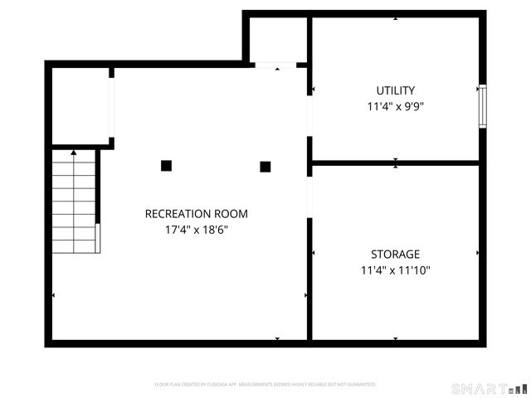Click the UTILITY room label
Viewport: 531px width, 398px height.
395,90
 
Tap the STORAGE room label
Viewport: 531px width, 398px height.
395,255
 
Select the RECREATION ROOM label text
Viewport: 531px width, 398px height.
196,214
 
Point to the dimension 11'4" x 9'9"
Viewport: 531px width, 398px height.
395,106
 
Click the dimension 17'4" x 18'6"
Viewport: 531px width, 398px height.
196,230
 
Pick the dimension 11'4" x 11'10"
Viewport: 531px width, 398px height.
395,270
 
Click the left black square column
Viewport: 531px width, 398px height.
166,166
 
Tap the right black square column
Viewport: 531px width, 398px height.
265,166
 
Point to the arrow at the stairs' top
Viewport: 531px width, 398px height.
74,153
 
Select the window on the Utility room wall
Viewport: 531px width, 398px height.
482,105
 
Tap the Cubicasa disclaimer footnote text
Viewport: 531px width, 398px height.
265,385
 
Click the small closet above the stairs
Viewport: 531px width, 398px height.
80,106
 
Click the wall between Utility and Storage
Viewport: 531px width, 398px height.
395,163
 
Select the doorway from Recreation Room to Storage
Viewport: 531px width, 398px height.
309,197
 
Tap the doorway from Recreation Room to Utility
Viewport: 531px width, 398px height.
309,119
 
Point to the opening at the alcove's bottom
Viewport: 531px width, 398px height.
275,65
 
